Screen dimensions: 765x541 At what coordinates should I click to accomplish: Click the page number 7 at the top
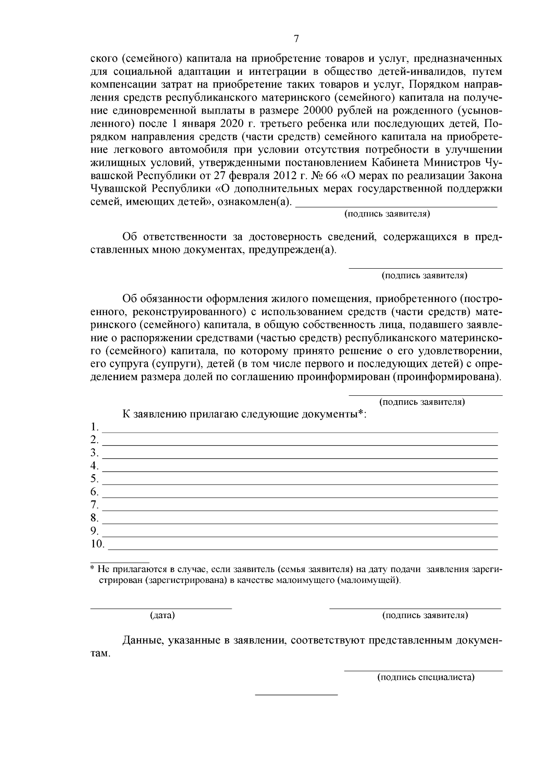(296, 39)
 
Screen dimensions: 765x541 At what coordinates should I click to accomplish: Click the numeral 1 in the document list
(94, 426)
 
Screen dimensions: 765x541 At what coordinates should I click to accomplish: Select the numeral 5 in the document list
(94, 478)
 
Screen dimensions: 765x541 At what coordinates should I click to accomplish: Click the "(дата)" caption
(162, 615)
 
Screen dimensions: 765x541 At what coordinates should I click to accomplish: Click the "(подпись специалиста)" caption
(426, 677)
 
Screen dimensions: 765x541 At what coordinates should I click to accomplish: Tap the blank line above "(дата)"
(161, 608)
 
